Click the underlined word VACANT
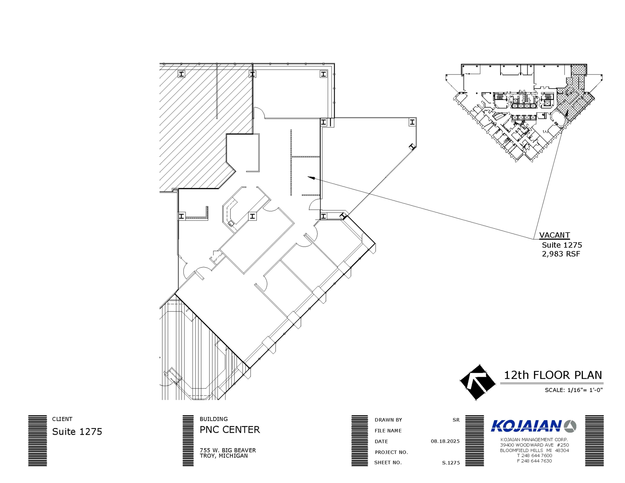554,235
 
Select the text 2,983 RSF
561,254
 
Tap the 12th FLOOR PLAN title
553,375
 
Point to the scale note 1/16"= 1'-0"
574,390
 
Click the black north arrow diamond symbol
478,382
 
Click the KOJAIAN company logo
533,426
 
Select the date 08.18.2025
445,441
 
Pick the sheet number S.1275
451,463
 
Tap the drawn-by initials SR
456,420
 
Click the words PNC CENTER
230,430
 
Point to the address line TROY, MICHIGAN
224,456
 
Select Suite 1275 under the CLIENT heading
77,432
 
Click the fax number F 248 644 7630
534,461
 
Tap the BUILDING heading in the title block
214,419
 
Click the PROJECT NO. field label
391,452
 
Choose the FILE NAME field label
388,430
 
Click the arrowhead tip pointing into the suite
308,177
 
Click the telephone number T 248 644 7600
534,456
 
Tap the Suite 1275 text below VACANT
562,245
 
